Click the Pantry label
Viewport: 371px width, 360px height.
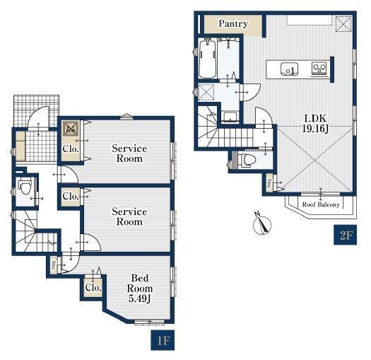click(233, 23)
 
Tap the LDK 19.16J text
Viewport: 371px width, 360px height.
click(315, 123)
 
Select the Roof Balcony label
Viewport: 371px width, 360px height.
click(321, 204)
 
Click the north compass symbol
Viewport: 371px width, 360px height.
click(262, 223)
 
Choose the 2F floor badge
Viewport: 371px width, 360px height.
click(346, 235)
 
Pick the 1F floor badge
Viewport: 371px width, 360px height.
click(163, 340)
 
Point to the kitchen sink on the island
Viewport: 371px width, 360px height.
click(289, 69)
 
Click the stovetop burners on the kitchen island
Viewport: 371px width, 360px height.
click(319, 68)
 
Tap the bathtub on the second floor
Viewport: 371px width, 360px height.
click(208, 59)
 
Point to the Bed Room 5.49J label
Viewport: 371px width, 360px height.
click(140, 289)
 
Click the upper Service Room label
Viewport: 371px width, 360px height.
click(129, 153)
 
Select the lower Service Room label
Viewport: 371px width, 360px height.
click(129, 216)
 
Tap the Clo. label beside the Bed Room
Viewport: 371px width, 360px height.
click(93, 288)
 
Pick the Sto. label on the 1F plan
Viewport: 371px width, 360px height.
click(54, 266)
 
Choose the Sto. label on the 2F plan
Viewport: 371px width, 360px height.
click(269, 183)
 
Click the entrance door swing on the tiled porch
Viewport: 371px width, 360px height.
click(38, 117)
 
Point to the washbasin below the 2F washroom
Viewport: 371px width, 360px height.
click(230, 117)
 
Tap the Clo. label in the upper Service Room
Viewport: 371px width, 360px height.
click(71, 149)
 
